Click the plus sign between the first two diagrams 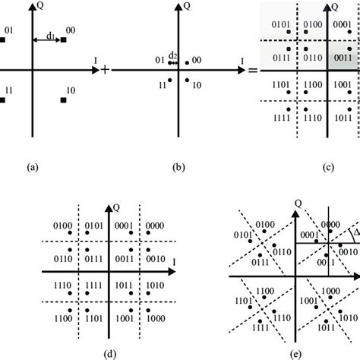[105, 70]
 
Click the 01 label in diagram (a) [9, 31]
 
